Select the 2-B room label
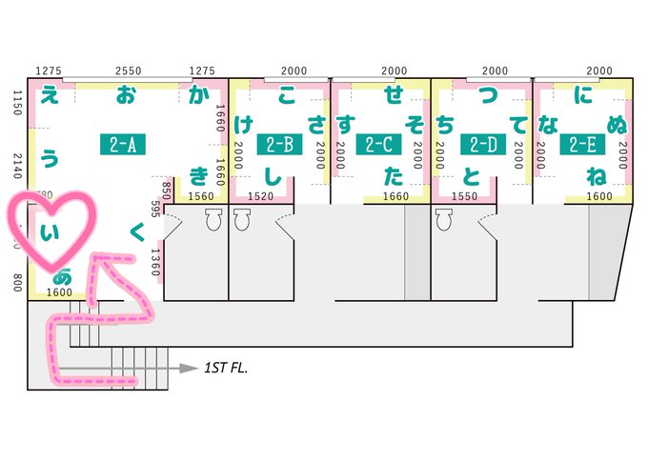(278, 144)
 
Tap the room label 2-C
(378, 144)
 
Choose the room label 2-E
(580, 144)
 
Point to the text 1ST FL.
(227, 366)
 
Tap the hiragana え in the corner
(49, 95)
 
